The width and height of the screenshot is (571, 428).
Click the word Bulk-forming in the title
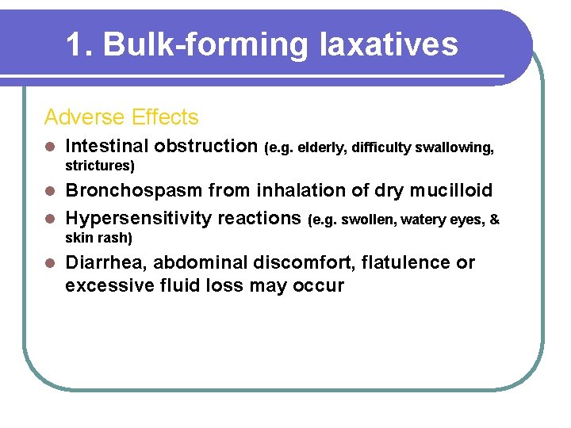click(205, 45)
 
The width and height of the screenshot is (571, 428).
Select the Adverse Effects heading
click(121, 117)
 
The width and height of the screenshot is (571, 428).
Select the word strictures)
click(100, 166)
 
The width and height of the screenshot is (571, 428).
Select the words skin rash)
click(98, 238)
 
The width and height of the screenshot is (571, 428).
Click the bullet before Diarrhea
click(50, 263)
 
